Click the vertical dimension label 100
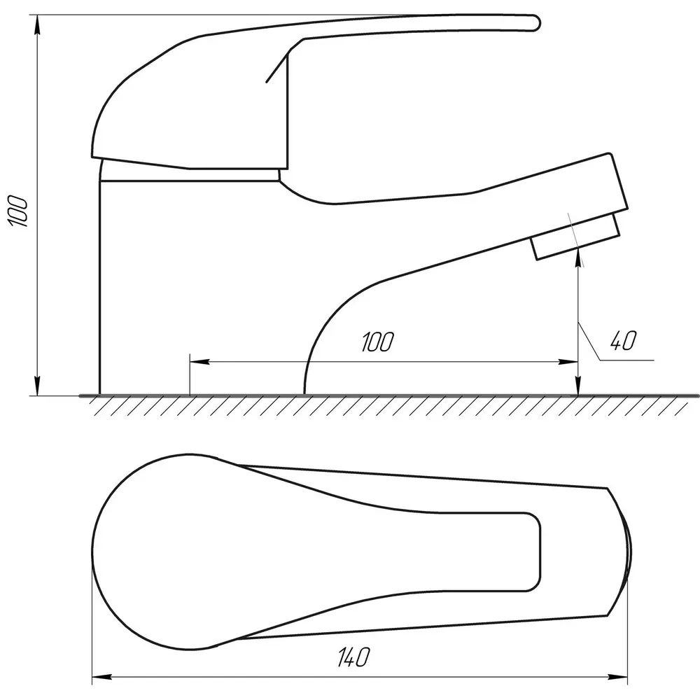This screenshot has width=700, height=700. (x=19, y=211)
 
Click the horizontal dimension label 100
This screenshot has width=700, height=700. (x=378, y=342)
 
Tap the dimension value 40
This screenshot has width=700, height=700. (x=623, y=341)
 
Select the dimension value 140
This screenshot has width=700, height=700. (x=353, y=657)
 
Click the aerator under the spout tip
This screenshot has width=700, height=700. (x=575, y=237)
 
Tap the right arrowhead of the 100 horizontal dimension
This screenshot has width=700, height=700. (x=568, y=362)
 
